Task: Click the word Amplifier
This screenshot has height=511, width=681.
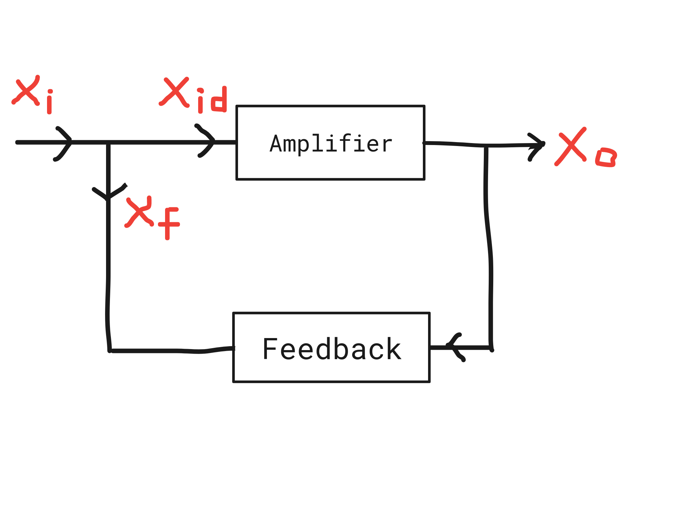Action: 331,144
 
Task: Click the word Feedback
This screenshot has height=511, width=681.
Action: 332,349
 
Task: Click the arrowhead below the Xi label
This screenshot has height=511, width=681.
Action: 63,143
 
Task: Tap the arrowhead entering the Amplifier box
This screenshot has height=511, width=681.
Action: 206,141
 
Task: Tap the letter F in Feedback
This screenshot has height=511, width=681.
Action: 270,348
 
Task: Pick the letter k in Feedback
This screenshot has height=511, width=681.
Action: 394,348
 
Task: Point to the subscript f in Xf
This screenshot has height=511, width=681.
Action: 169,224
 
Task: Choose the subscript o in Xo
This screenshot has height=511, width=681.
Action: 606,158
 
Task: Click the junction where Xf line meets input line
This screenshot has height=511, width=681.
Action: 108,142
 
